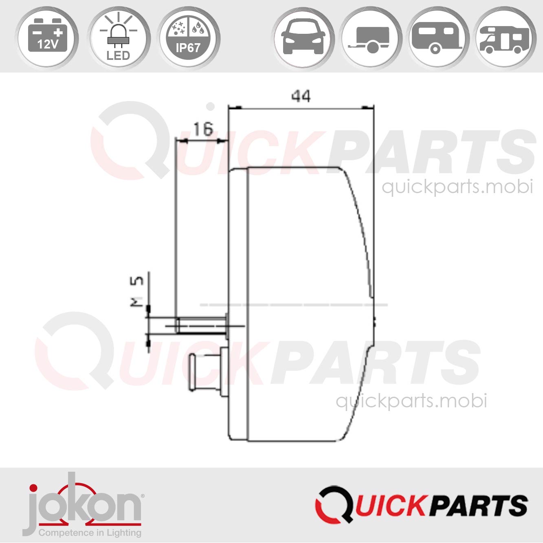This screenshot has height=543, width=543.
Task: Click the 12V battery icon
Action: click(47, 38)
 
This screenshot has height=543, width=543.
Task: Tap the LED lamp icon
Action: click(118, 38)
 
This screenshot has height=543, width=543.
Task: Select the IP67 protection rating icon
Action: click(188, 38)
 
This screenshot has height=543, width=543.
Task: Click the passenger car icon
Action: click(303, 38)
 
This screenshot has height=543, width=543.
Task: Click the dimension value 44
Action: click(301, 97)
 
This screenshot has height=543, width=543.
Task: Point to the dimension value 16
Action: click(202, 130)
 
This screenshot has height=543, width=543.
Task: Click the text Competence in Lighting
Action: click(90, 532)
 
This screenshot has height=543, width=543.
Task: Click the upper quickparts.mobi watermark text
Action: click(457, 187)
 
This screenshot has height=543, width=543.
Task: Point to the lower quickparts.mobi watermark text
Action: click(411, 401)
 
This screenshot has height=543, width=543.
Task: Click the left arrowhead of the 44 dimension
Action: click(234, 108)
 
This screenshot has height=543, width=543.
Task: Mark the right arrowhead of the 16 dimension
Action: click(223, 141)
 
